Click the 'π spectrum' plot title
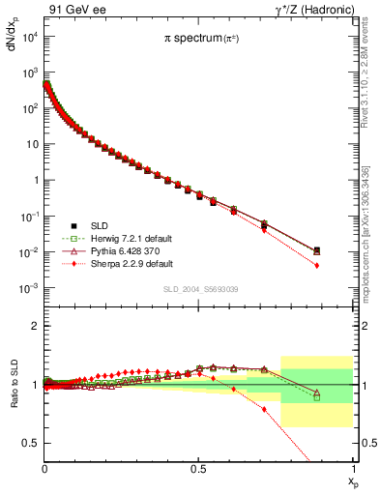200,39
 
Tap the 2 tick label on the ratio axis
35,326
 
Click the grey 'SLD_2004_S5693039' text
199,290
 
